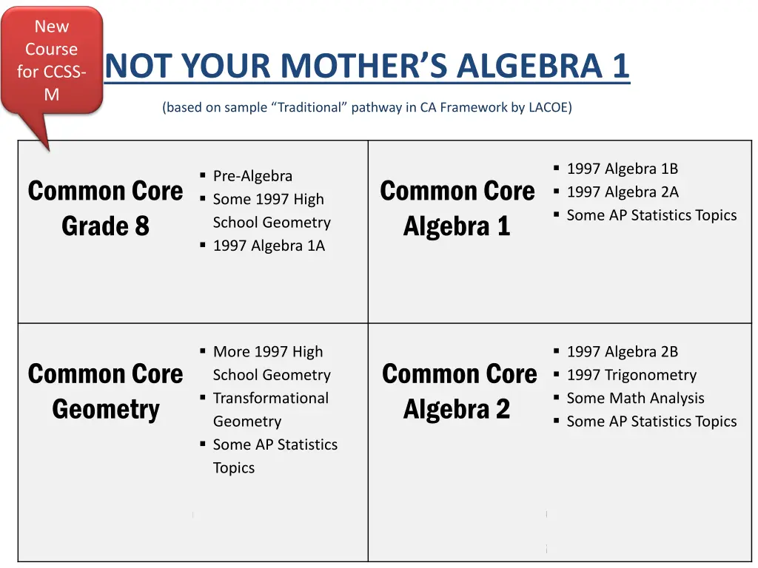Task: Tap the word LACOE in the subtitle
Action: click(x=548, y=107)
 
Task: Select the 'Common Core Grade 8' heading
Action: click(x=105, y=208)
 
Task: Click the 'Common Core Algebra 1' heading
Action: click(x=457, y=208)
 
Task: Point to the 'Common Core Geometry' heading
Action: click(x=105, y=391)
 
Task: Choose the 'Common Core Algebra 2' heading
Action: click(x=458, y=391)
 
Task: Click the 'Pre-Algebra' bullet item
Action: click(x=252, y=176)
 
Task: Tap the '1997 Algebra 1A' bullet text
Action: click(x=269, y=246)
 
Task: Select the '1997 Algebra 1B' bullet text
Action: click(x=622, y=169)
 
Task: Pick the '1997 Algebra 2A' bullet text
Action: click(x=622, y=192)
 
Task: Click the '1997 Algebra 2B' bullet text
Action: click(x=622, y=352)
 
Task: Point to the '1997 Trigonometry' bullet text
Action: click(x=631, y=375)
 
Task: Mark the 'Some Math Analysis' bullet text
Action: click(x=635, y=398)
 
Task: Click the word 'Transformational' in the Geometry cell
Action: click(x=271, y=398)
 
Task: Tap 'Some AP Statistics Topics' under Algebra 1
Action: click(x=651, y=215)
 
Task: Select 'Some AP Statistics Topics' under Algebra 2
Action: click(x=651, y=422)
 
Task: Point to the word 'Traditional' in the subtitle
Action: click(x=310, y=107)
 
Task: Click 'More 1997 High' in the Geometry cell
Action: click(x=268, y=352)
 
